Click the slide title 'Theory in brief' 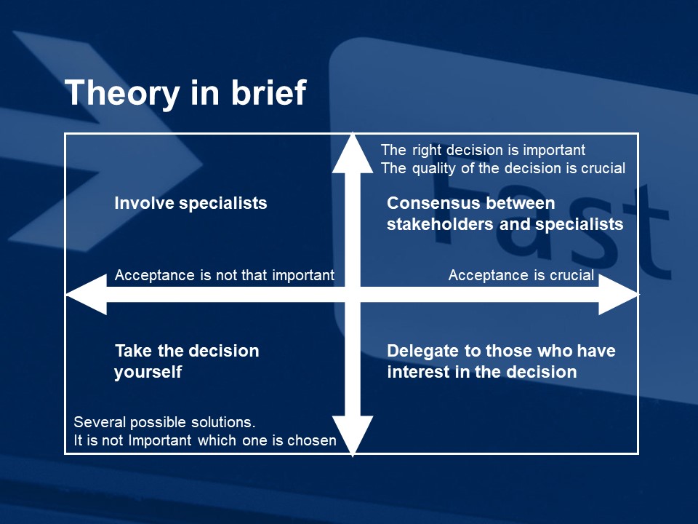click(185, 92)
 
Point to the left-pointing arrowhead click(87, 294)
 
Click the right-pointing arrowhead click(619, 294)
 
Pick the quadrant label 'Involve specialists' click(190, 203)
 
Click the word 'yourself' click(148, 372)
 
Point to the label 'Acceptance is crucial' click(521, 275)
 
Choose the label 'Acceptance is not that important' click(225, 275)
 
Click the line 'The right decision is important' click(483, 150)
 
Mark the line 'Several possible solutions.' click(165, 422)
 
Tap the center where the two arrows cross click(353, 294)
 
